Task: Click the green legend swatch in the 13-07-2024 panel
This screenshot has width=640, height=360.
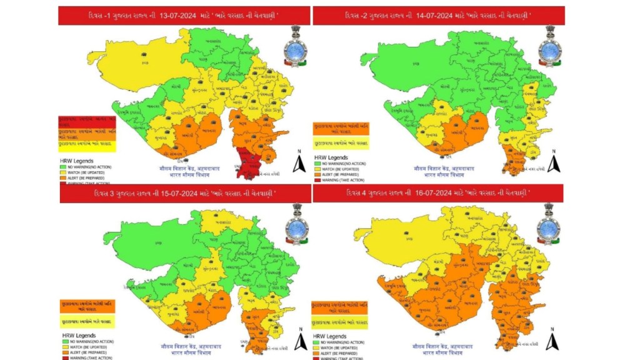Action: tap(62, 166)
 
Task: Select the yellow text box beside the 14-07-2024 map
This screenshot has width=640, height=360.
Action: tap(340, 143)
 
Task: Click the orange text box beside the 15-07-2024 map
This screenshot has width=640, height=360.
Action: tap(87, 306)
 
